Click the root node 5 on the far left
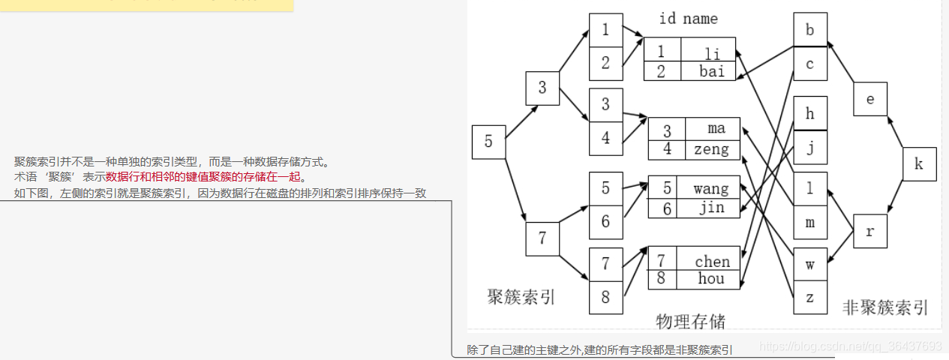tap(488, 142)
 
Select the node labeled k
tap(919, 164)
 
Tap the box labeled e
tap(870, 99)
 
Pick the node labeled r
tap(870, 231)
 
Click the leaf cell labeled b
tap(810, 30)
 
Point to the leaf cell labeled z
tap(810, 297)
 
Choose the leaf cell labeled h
tap(810, 114)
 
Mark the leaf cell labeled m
tap(810, 223)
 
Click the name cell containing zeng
tap(711, 149)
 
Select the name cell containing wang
tap(710, 189)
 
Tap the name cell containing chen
tap(711, 261)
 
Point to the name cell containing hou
tap(710, 279)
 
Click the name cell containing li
tap(711, 52)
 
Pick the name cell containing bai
tap(711, 71)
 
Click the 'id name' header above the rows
tap(688, 19)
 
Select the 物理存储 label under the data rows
tap(690, 321)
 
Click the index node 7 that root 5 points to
tap(542, 239)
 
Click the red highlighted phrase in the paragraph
tap(203, 177)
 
